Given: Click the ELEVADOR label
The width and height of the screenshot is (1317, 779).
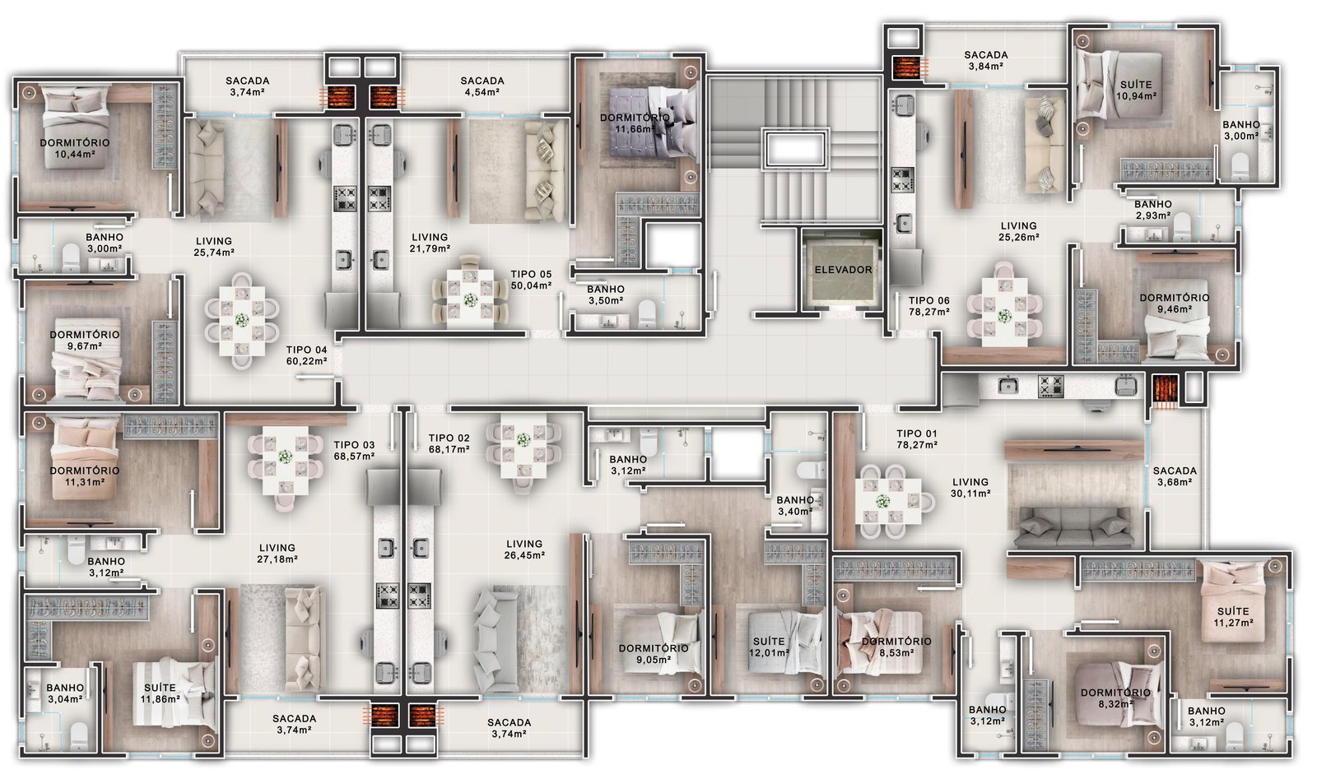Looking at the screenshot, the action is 843,270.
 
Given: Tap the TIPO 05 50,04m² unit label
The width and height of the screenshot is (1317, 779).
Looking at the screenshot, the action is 531,280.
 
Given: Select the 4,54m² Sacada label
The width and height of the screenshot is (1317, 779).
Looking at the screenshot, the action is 482,86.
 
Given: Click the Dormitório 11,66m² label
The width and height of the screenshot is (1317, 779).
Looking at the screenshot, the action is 635,123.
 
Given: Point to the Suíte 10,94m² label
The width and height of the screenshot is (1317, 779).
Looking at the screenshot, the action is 1136,90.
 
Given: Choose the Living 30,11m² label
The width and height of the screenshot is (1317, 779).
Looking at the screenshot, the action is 970,488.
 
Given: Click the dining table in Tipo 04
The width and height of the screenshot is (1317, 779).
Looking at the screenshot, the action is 242,321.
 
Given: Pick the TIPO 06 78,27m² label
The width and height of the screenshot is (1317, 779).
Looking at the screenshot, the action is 929,306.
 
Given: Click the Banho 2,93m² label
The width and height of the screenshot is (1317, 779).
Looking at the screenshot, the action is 1153,210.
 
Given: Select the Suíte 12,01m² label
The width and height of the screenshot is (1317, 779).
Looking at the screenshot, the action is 769,647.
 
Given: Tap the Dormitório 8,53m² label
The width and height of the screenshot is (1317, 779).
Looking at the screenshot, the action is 896,647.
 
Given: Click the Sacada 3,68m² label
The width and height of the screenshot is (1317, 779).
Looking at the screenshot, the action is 1175,476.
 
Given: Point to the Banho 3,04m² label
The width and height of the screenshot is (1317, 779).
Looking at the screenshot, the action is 65,693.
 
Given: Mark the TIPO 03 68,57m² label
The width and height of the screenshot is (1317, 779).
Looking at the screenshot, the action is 354,451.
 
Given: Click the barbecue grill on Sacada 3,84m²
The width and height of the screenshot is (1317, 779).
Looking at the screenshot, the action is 905,68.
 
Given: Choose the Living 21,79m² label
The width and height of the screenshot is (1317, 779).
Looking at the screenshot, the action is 430,243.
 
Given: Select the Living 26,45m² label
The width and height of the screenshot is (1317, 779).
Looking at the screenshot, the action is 524,549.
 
